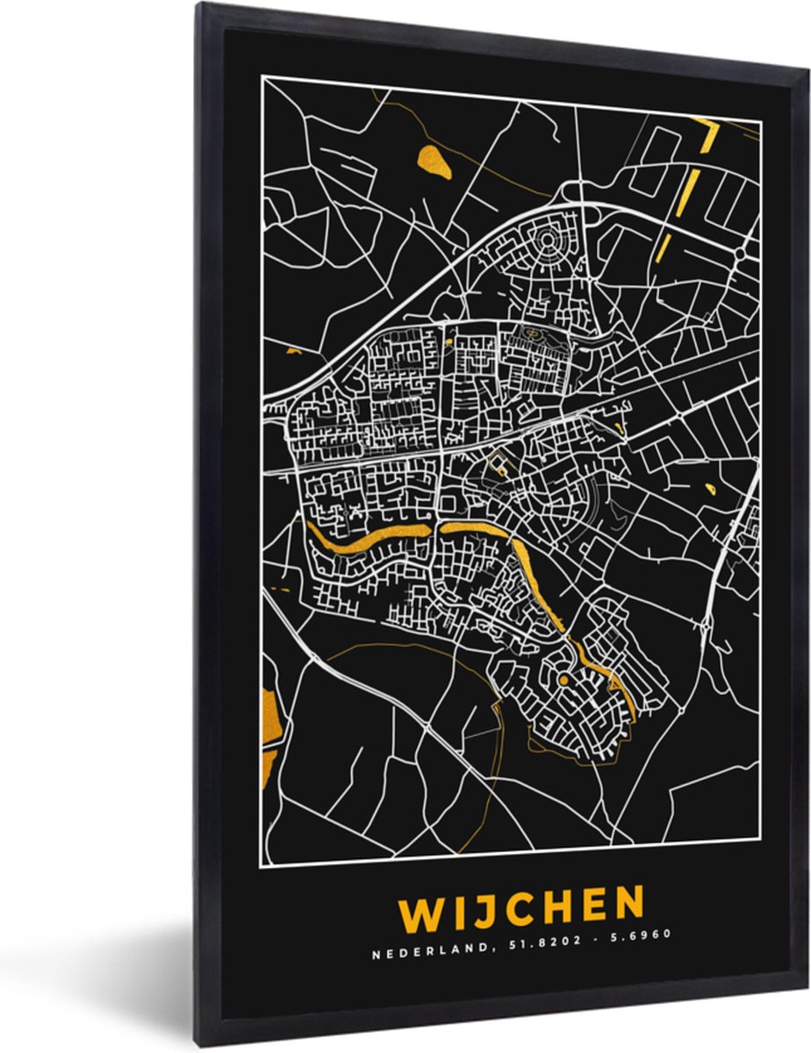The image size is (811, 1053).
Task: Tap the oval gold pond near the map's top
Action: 434,161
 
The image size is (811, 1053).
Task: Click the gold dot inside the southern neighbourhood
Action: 563,680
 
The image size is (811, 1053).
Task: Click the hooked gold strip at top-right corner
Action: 707,134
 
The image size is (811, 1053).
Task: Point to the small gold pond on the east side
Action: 708,487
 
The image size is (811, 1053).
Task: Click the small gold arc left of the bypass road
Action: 293,351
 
